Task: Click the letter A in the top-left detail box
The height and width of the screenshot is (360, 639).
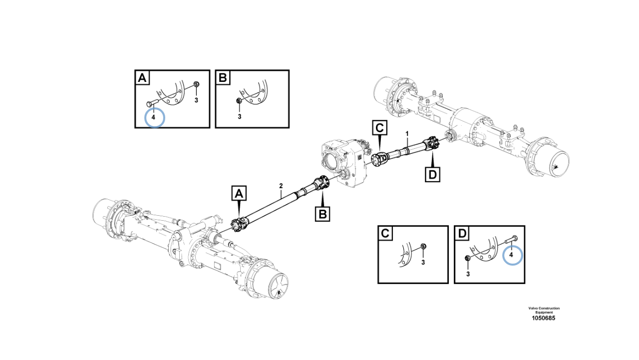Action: [x=142, y=78]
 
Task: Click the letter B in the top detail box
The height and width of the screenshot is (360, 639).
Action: [x=223, y=78]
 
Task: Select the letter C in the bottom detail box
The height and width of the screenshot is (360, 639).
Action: [x=385, y=234]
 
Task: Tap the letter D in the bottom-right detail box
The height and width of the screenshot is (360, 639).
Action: [x=462, y=234]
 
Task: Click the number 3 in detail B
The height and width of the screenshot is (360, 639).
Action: [x=239, y=116]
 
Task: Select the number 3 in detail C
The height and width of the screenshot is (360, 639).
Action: [x=423, y=262]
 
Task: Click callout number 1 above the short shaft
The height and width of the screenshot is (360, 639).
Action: [x=407, y=133]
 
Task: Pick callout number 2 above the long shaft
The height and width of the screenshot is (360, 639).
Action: [x=281, y=186]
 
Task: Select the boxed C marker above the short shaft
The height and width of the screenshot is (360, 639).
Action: [x=379, y=128]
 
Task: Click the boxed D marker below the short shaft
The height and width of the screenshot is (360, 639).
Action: [x=432, y=175]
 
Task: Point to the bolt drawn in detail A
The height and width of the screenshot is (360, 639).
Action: [x=152, y=104]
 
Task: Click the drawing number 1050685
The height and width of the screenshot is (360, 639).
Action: [x=544, y=318]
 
